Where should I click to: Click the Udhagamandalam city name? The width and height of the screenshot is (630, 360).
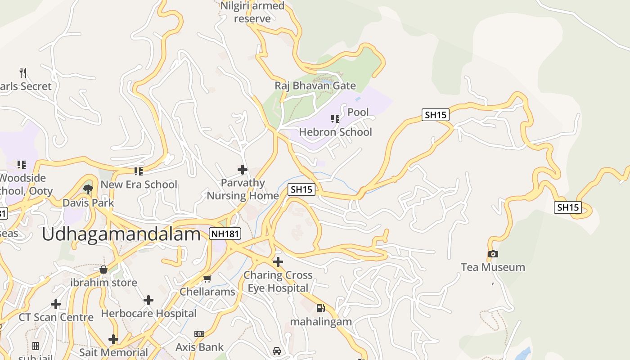(121, 235)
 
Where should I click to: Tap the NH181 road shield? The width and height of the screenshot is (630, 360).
(225, 234)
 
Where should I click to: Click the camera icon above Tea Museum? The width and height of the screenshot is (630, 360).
(493, 254)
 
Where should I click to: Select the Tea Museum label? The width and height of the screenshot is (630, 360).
(493, 267)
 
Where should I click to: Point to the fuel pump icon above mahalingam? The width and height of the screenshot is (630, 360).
(320, 308)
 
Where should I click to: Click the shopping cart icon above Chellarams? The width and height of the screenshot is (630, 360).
(207, 279)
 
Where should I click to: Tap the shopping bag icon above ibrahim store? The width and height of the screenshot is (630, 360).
(103, 270)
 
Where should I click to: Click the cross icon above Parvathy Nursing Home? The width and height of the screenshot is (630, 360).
(243, 170)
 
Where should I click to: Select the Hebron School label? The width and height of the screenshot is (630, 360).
(336, 132)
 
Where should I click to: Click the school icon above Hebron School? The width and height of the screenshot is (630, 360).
(335, 119)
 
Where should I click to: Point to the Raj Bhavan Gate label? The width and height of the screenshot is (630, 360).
(315, 85)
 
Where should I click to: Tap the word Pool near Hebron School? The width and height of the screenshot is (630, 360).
(358, 112)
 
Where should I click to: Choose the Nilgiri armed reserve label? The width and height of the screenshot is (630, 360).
(252, 12)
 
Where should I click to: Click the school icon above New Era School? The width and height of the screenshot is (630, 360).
(139, 171)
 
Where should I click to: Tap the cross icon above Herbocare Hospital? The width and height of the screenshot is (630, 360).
(148, 300)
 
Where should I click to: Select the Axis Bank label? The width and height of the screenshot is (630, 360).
(199, 347)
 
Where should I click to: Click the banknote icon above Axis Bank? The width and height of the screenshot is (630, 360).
(199, 334)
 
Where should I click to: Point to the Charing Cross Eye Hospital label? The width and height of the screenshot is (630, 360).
(278, 281)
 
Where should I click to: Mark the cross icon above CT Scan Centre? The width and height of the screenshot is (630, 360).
(56, 304)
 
